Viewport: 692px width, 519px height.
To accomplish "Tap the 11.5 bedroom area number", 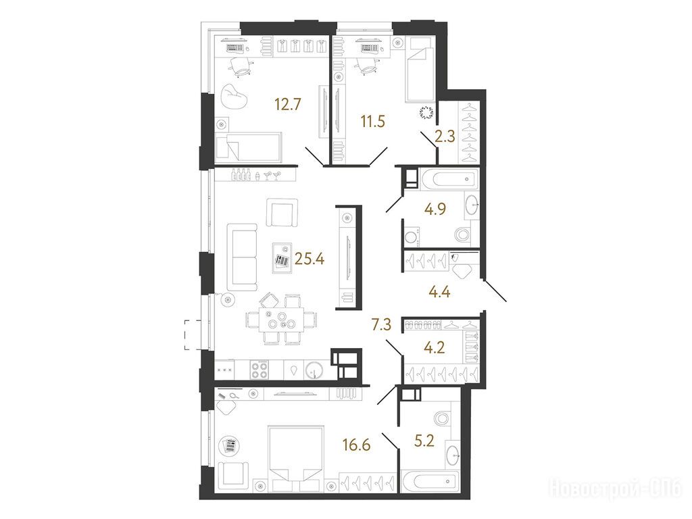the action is pos(373,122).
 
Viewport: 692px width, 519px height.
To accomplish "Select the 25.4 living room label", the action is pos(310,259).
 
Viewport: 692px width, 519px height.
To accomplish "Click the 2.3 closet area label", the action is pos(445,137).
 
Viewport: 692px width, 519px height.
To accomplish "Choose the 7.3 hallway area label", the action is pos(381,326).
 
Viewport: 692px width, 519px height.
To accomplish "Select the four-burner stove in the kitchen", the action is pos(259,370).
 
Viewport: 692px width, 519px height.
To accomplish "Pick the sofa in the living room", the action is pos(242,257).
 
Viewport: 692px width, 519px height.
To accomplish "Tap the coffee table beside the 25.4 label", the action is pos(282,257).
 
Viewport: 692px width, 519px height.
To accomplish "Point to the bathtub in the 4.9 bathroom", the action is pos(449,179).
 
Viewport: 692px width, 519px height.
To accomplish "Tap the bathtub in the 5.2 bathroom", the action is pos(429,481).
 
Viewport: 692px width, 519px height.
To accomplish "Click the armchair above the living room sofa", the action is pos(282,212).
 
